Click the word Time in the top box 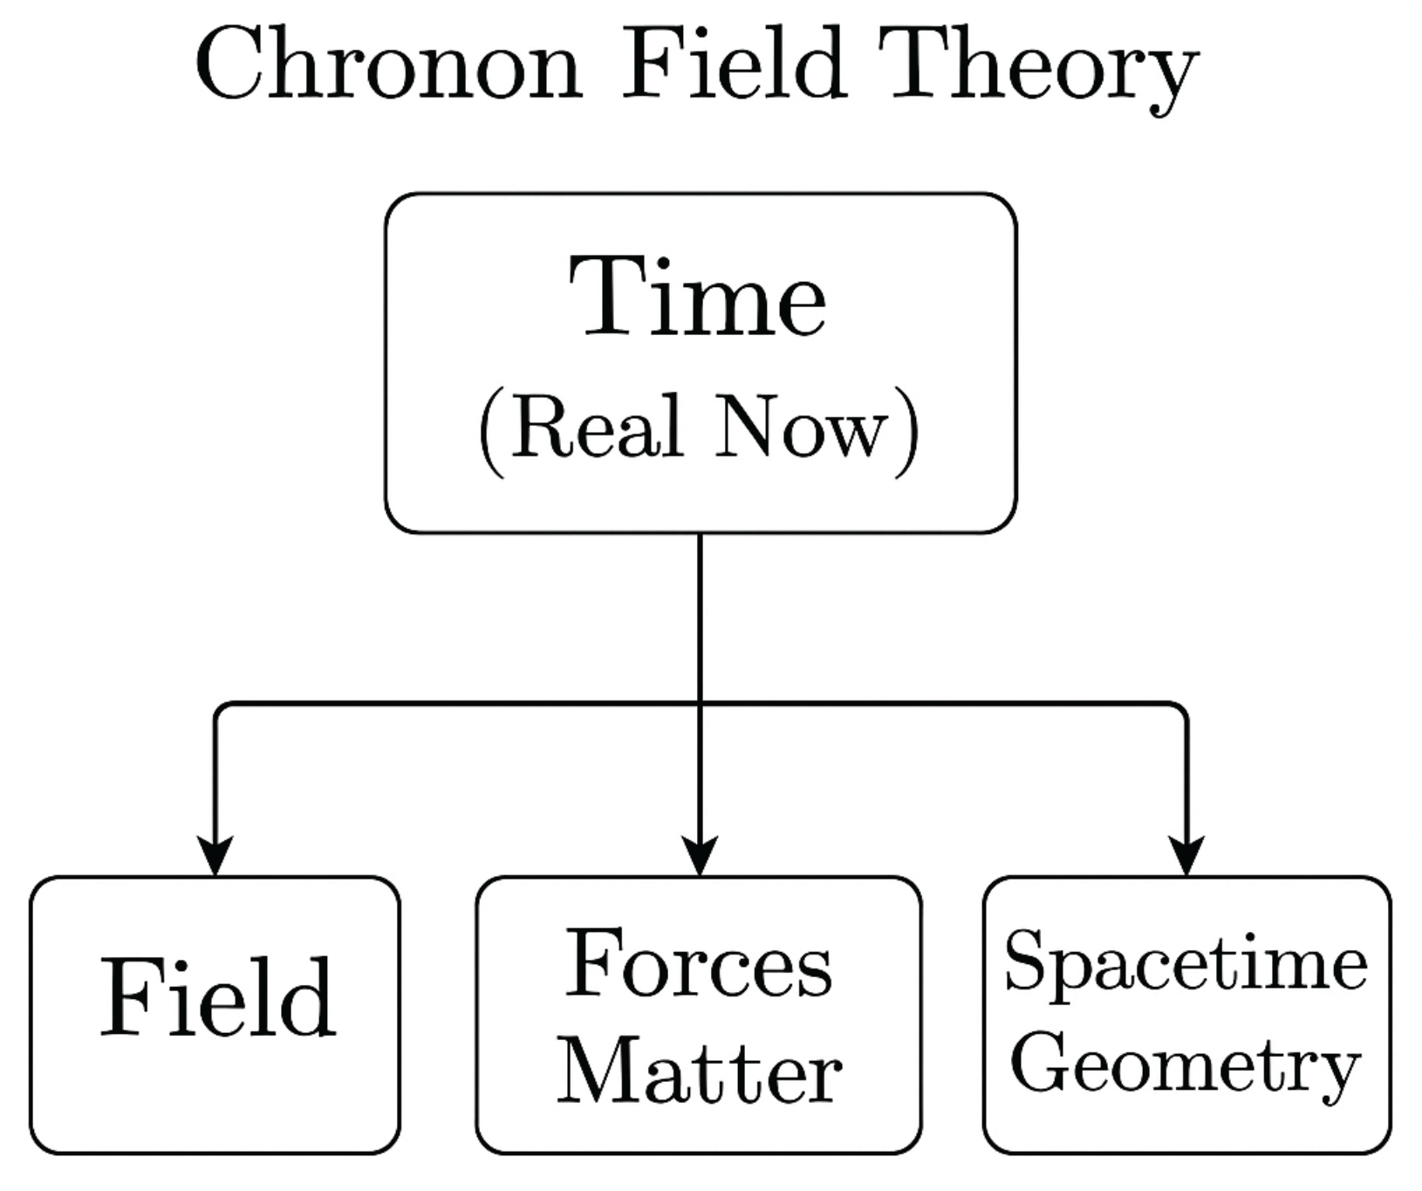pyautogui.click(x=697, y=297)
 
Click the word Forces pyautogui.click(x=699, y=964)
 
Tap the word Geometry pyautogui.click(x=1186, y=1064)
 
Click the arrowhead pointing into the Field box pyautogui.click(x=215, y=855)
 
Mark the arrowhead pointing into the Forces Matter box pyautogui.click(x=700, y=855)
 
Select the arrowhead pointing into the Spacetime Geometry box pyautogui.click(x=1186, y=855)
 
